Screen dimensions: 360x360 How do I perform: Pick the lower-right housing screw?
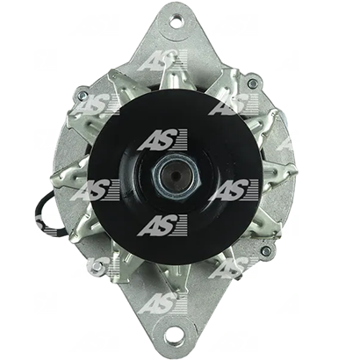click(266, 250)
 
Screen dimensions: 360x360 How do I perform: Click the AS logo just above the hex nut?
click(162, 140)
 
